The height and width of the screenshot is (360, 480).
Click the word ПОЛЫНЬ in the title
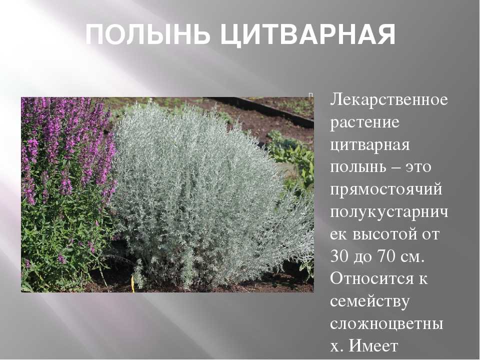point(147,34)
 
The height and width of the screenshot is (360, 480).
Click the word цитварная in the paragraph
point(370,145)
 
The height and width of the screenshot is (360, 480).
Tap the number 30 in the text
point(339,256)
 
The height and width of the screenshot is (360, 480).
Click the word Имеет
point(373,346)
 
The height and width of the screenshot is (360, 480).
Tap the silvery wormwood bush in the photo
point(202,196)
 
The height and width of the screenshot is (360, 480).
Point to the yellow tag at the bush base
point(133,283)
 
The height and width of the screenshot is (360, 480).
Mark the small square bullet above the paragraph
point(310,95)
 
